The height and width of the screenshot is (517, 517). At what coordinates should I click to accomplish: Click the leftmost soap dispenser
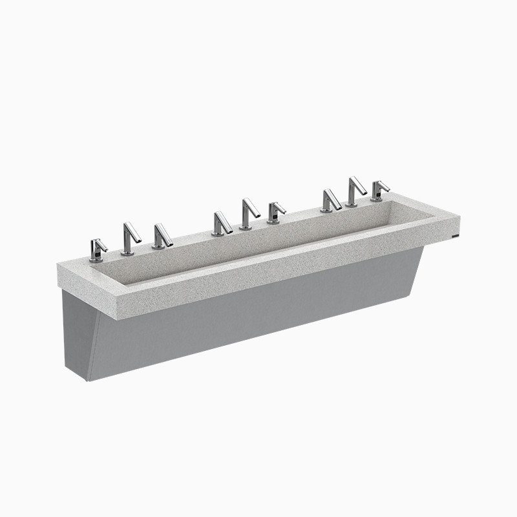coord(97,249)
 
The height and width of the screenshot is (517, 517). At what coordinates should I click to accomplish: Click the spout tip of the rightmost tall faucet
coord(366,192)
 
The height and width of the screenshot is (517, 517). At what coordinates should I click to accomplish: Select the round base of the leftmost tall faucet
coord(127,253)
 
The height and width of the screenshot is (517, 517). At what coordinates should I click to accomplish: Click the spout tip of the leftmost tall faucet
coord(140,240)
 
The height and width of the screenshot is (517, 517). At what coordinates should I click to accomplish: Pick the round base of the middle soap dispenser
coord(273,222)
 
